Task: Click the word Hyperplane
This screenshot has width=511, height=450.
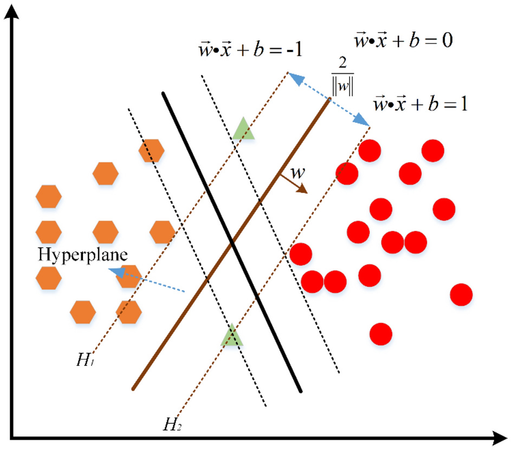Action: pos(82,255)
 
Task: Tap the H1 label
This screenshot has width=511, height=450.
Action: pos(85,361)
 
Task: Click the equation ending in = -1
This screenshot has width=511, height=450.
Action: pos(251,50)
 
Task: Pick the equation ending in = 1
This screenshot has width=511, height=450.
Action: pos(421,103)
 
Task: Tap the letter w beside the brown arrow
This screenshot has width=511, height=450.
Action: pos(297,173)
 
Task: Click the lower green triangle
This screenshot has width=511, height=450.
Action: pos(231,336)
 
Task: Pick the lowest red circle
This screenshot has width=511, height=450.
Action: pos(380,334)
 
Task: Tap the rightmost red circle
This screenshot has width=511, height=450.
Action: pos(461,295)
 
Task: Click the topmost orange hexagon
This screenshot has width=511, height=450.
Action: pos(151,150)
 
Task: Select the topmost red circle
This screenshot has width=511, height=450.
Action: pos(432,150)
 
